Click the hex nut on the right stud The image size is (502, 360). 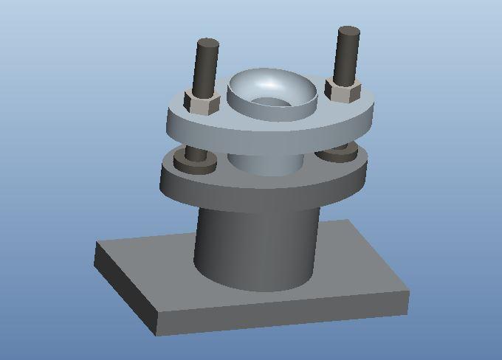[343, 91]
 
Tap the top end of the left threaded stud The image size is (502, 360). [207, 44]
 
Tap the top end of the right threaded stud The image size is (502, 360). [348, 32]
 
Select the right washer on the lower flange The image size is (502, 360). [340, 153]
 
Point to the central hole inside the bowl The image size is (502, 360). [269, 102]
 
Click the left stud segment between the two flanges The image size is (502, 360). [196, 150]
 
